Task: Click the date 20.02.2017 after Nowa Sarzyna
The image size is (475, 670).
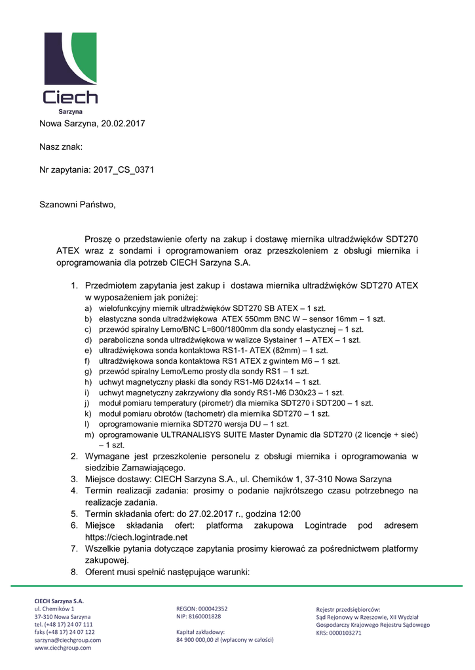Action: point(123,123)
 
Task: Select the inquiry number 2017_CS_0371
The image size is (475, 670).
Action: point(124,170)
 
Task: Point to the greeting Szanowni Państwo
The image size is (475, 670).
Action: point(77,205)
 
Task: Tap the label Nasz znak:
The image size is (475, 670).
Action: point(61,147)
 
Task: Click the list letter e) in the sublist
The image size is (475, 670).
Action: point(88,351)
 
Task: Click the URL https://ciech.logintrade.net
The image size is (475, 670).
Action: point(136,537)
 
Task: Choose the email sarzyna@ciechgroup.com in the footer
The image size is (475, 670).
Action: point(67,640)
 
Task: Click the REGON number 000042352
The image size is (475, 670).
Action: point(213,608)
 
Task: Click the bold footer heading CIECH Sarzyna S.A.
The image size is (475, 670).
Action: point(59,601)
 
